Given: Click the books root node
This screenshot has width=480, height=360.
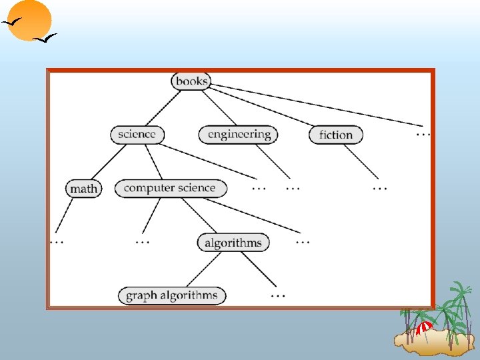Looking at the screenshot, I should [191, 81].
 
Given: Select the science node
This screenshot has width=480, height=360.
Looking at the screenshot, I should [137, 134].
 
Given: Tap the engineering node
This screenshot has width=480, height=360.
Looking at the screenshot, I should [239, 134].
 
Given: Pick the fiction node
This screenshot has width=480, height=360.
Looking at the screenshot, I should [336, 135].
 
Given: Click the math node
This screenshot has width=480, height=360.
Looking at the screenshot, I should [83, 189].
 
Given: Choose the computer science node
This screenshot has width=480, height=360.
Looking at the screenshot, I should [170, 188].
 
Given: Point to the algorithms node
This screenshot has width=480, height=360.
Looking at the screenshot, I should [233, 242].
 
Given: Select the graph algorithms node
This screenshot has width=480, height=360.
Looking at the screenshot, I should [172, 295].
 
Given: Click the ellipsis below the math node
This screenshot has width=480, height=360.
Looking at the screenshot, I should [57, 241].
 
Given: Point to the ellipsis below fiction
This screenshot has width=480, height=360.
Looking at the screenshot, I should [379, 187].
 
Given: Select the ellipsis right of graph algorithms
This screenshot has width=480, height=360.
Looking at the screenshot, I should [278, 295].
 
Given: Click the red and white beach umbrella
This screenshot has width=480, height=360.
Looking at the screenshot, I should [424, 327].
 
